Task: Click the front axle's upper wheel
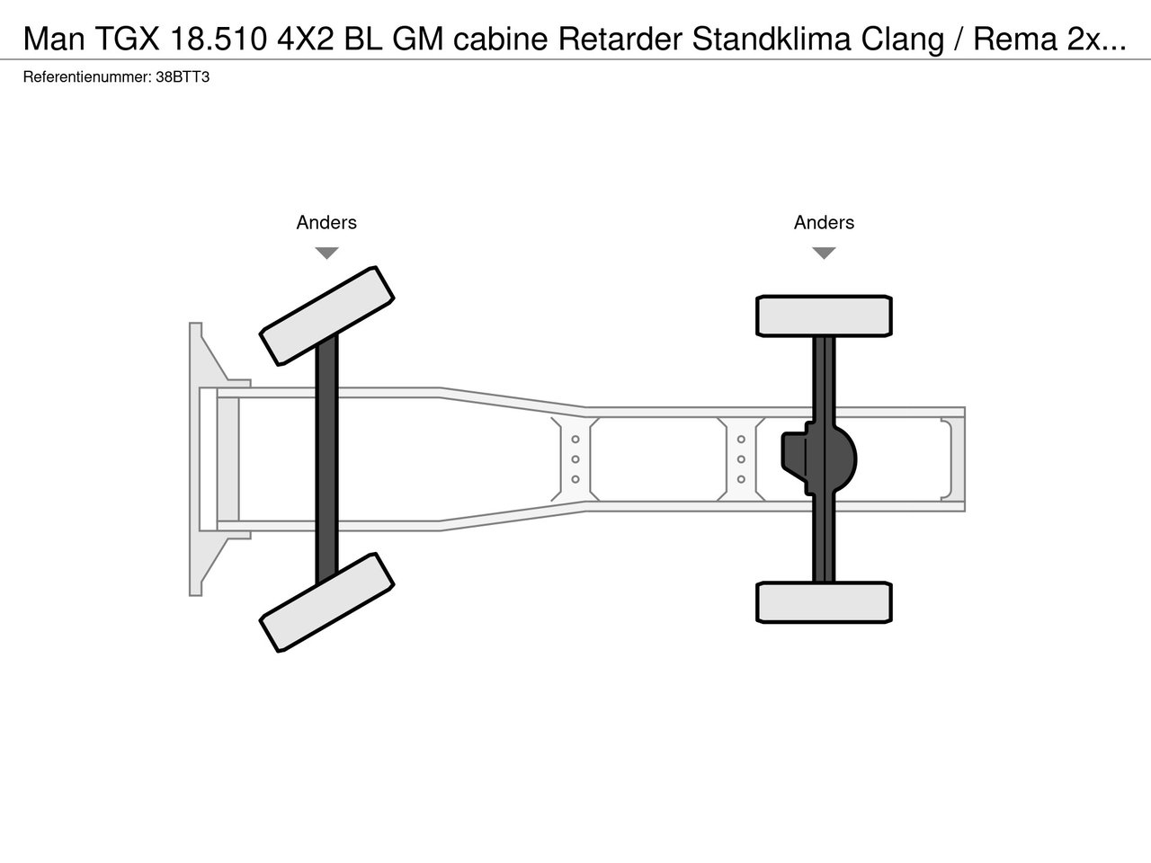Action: point(326,316)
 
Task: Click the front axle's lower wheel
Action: point(326,602)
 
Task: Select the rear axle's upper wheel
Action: point(824,316)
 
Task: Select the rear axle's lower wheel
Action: point(824,602)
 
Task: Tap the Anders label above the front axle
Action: point(326,223)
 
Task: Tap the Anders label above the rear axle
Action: point(824,223)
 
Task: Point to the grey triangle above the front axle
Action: point(326,253)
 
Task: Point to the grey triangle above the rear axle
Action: point(824,253)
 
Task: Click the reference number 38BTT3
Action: point(183,77)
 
